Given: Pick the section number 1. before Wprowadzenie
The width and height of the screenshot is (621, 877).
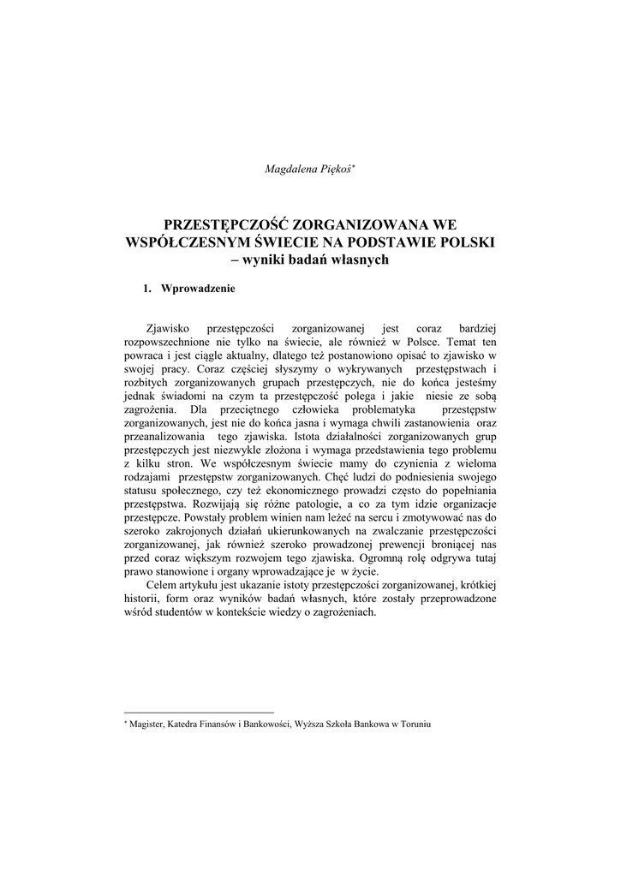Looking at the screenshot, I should pos(147,289).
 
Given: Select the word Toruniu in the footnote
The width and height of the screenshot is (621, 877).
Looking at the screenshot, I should pos(411,725).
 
